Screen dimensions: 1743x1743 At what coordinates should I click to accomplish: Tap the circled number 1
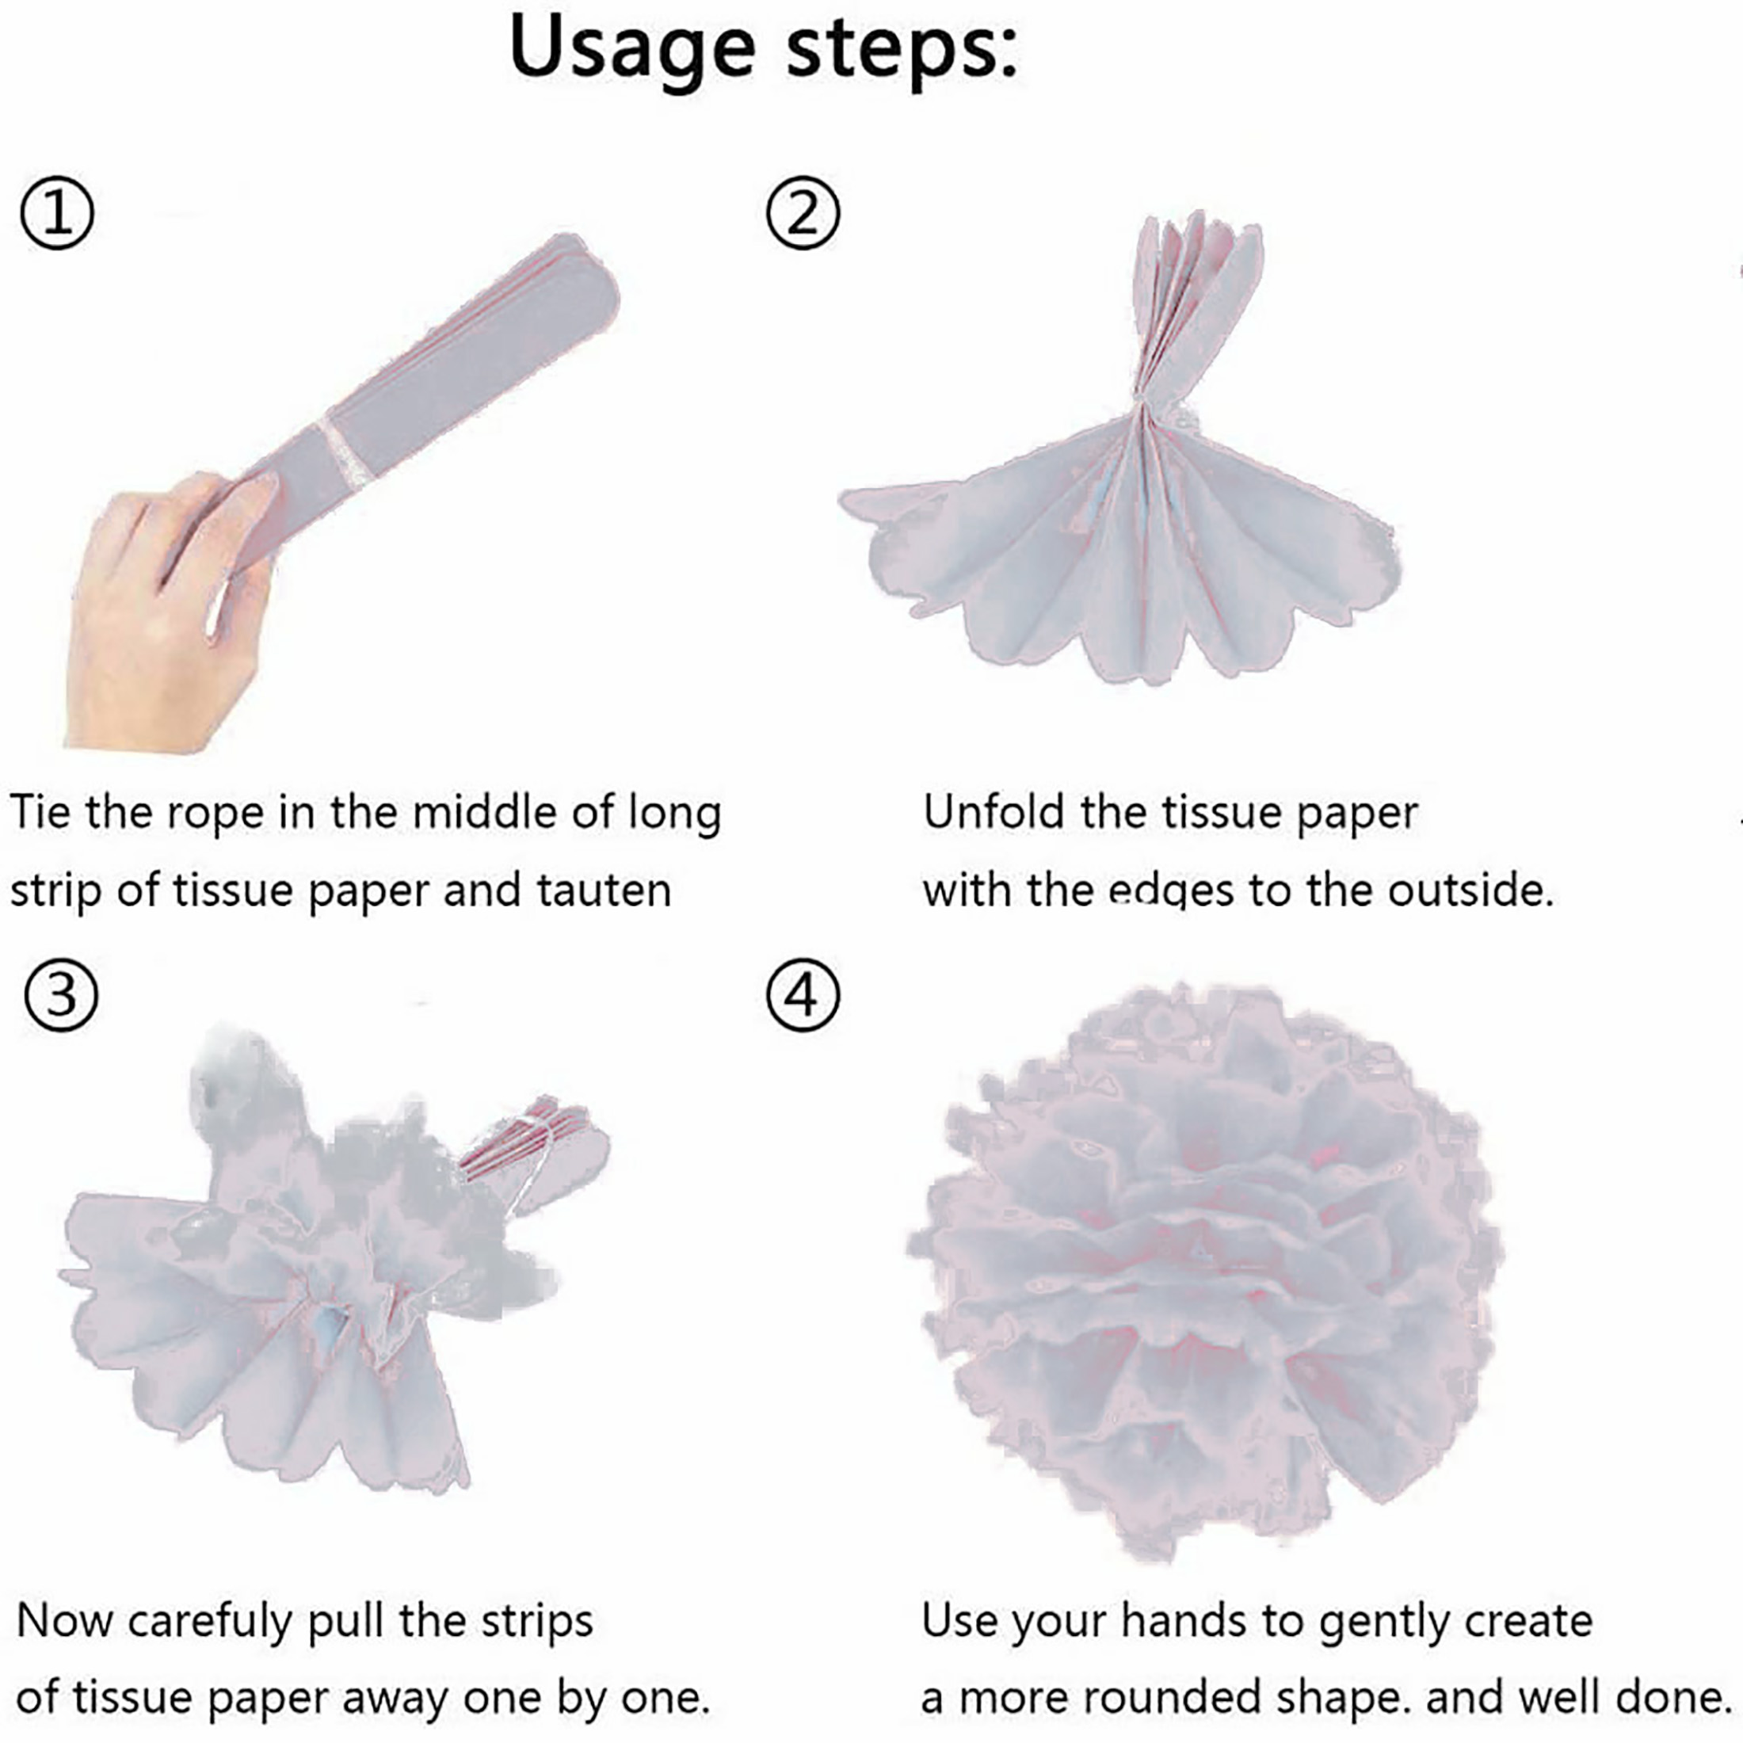56,214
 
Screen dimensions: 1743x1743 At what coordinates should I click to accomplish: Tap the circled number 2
802,214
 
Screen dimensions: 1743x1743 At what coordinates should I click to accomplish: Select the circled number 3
61,996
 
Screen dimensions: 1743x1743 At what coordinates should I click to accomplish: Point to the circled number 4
802,996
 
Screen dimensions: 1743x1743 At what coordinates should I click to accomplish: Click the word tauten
604,891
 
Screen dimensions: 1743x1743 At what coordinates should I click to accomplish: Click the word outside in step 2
1470,891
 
